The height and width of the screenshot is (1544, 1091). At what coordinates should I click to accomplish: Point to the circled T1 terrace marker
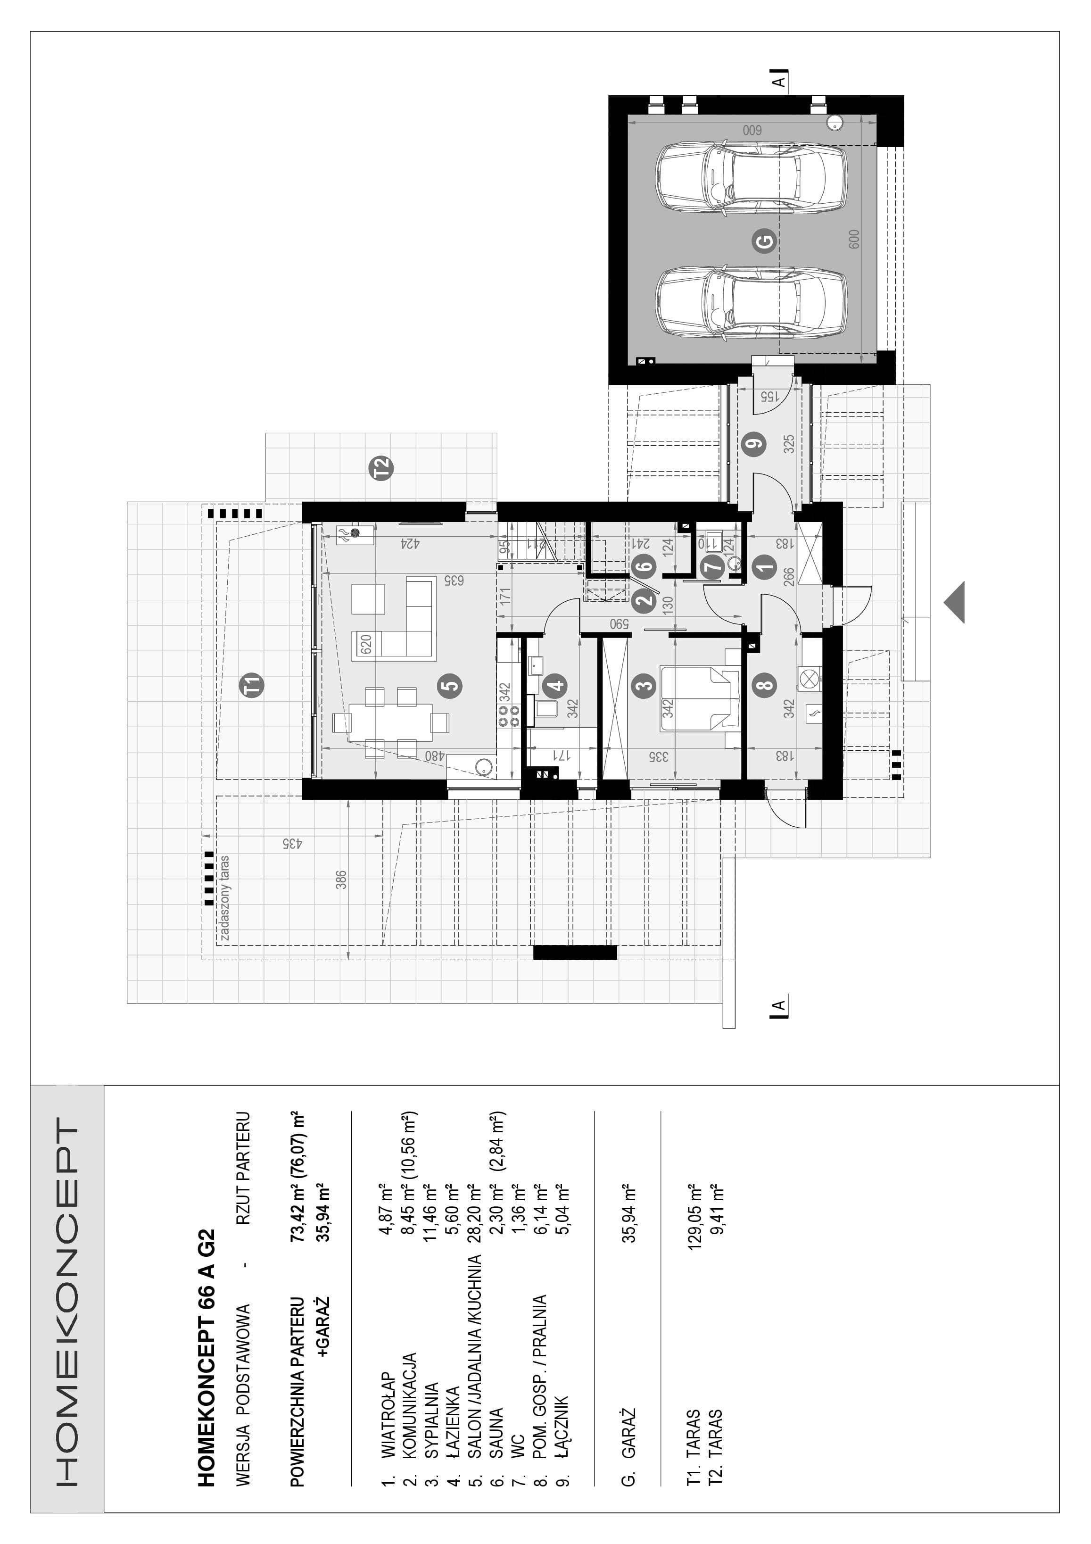pyautogui.click(x=254, y=685)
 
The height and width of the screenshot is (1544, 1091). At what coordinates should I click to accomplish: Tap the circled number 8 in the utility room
pyautogui.click(x=766, y=685)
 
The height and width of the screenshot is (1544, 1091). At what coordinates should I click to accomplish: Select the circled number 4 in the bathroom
pyautogui.click(x=556, y=685)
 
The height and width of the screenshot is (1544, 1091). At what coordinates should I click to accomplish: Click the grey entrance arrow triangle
pyautogui.click(x=955, y=602)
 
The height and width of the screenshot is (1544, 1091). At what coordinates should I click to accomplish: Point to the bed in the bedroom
pyautogui.click(x=701, y=697)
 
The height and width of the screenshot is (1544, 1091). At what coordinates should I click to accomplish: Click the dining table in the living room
pyautogui.click(x=390, y=722)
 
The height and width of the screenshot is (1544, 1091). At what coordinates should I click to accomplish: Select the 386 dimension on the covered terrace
pyautogui.click(x=341, y=880)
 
